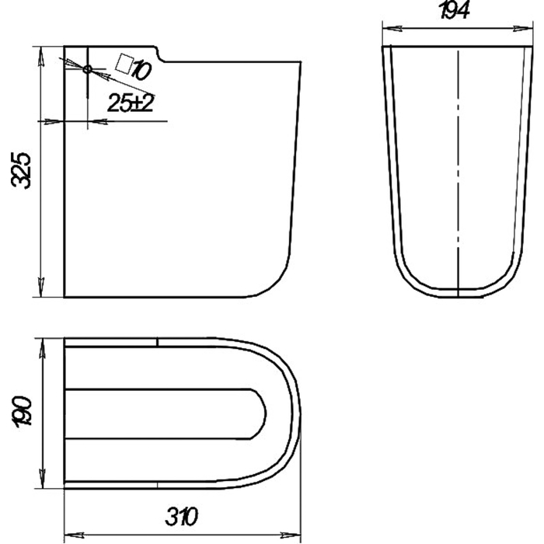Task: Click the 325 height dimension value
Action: coord(21,170)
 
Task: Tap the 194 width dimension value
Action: coord(455,10)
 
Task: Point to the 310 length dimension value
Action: coord(181,517)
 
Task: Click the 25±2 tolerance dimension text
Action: coord(131,103)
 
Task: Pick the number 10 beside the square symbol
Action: coord(141,71)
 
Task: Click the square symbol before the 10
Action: coord(124,64)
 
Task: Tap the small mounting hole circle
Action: coord(87,69)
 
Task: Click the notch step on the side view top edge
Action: coord(159,54)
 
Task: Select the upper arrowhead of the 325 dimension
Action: coord(41,55)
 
